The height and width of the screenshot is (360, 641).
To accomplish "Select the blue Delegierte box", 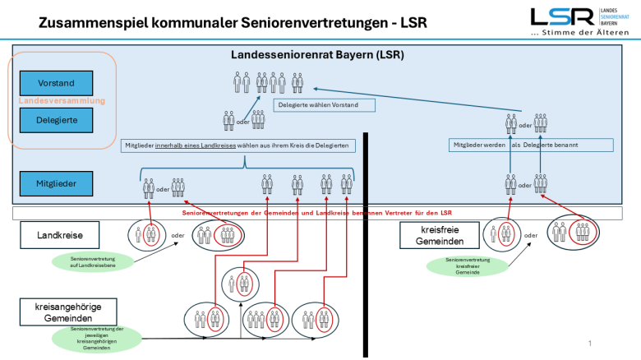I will [57, 120].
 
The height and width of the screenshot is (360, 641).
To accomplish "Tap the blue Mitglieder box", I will [57, 182].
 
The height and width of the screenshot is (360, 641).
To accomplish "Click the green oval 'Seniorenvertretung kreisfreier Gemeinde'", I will [464, 265].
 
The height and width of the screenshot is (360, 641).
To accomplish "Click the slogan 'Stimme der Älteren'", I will [586, 34].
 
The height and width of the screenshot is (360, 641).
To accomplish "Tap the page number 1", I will [590, 342].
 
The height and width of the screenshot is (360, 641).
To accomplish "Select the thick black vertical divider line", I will [367, 247].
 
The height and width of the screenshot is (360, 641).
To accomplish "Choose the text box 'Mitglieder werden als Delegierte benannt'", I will [532, 145].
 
